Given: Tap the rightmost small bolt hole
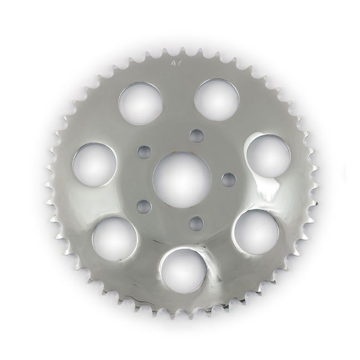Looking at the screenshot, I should coord(225,178).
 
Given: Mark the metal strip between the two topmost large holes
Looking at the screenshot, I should coord(178,97).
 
